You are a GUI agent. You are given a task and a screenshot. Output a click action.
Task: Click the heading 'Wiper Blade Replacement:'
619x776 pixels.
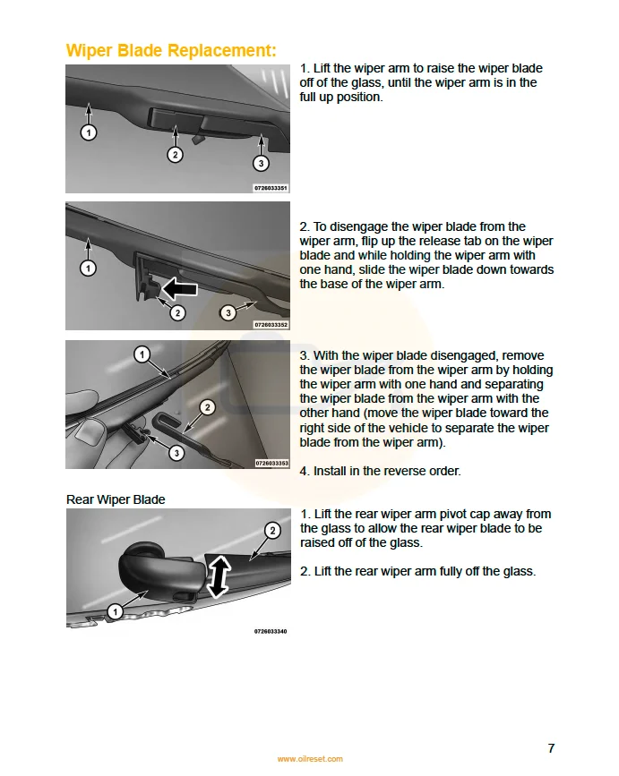click(x=171, y=50)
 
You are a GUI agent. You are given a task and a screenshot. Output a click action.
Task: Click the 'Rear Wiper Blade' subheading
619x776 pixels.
click(x=116, y=499)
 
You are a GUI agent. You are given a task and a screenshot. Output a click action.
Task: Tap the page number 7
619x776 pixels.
click(x=551, y=748)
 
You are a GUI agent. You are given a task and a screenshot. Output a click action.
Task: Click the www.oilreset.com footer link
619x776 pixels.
click(x=309, y=759)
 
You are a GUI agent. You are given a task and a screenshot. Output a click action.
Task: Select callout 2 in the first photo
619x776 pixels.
click(x=176, y=154)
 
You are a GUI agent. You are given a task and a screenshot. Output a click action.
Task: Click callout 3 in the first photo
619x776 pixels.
click(x=260, y=163)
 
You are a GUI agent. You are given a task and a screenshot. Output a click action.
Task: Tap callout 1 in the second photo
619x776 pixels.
click(x=88, y=267)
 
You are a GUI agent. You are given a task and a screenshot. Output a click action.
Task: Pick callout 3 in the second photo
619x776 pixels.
click(x=228, y=312)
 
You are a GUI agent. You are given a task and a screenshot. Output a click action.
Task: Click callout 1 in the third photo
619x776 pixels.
click(x=142, y=354)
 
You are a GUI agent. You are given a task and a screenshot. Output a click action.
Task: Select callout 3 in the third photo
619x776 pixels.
click(x=176, y=453)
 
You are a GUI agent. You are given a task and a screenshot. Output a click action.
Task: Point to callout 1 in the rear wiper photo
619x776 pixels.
click(x=115, y=611)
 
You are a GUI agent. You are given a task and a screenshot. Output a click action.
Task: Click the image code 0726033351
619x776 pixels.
click(x=271, y=188)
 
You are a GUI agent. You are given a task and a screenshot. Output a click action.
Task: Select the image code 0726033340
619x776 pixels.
click(x=271, y=631)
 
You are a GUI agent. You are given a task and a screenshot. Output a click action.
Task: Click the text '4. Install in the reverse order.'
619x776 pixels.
click(x=380, y=471)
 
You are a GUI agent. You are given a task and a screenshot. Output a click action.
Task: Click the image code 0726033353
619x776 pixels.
click(x=271, y=463)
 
